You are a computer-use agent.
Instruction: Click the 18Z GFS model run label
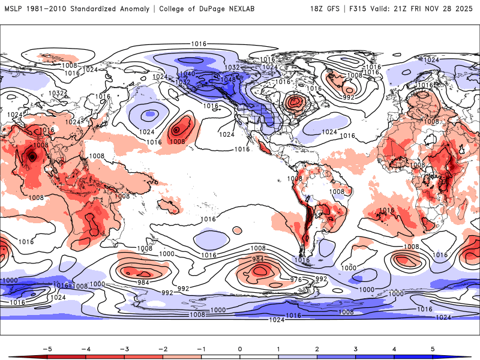coord(326,9)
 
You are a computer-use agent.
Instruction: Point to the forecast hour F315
coord(361,9)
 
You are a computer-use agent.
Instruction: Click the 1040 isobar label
coord(187,74)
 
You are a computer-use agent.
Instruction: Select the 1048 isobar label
coord(229,80)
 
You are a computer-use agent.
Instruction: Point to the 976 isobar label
coord(296,280)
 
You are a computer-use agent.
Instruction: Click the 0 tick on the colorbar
coord(239,348)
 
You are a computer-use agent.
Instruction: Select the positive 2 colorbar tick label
coord(317,348)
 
